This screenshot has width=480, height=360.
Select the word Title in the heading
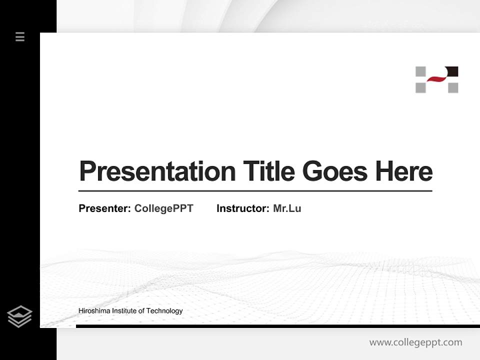tap(268, 171)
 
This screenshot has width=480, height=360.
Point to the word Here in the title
tap(403, 171)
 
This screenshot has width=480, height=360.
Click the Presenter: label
tap(105, 208)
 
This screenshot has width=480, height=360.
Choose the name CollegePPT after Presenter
tap(163, 208)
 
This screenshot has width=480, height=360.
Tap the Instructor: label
tap(243, 208)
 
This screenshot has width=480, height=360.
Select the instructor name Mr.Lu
tap(287, 208)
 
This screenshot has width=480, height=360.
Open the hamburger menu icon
tap(20, 36)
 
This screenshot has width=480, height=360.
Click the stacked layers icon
tap(19, 316)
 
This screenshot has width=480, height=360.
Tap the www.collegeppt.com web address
tap(415, 342)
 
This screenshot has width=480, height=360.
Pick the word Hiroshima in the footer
tap(94, 311)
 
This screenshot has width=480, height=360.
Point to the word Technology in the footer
tap(164, 311)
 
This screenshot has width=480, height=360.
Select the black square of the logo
tap(452, 71)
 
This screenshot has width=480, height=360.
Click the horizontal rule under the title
tap(255, 191)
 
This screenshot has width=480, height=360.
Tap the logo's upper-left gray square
tap(420, 71)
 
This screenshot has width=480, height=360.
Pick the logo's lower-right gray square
tap(453, 88)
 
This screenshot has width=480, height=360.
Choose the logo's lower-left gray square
tap(420, 88)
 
